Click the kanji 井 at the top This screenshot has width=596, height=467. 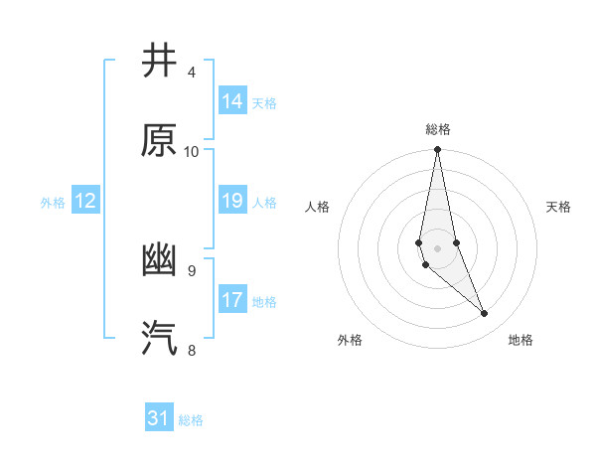(x=159, y=61)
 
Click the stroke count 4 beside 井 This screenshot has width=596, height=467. (x=192, y=73)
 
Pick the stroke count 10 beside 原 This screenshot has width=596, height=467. (x=192, y=151)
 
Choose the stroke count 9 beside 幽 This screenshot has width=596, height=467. (x=192, y=270)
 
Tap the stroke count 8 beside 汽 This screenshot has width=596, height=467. (x=192, y=350)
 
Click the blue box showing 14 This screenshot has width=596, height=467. (x=232, y=101)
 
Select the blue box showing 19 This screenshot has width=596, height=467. (x=232, y=201)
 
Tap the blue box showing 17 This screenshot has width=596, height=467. (x=232, y=300)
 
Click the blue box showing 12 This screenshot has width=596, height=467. (x=85, y=201)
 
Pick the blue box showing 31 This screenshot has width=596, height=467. (x=159, y=418)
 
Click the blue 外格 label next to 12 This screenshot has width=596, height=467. (x=53, y=203)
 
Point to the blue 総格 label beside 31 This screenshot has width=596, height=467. (x=191, y=420)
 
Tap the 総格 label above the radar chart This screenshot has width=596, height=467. (x=438, y=129)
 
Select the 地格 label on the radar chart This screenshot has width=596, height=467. (x=521, y=340)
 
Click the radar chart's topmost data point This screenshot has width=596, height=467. (x=438, y=150)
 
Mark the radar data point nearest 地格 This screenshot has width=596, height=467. (x=485, y=314)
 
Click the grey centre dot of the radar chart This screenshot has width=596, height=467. (x=438, y=247)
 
